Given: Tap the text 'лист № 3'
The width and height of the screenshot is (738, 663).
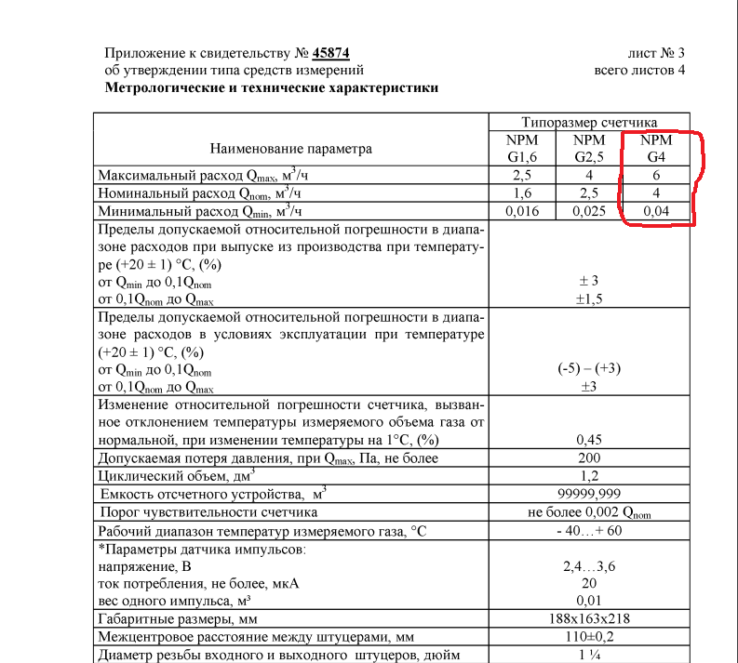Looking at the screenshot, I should [x=656, y=53].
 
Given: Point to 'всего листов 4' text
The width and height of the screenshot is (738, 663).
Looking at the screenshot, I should [x=639, y=70].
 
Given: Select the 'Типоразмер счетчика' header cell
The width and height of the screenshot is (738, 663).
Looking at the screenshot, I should [x=589, y=122].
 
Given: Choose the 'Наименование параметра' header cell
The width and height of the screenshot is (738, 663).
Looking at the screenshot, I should [x=290, y=148].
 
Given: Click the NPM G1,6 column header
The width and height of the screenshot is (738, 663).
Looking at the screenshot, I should [x=522, y=148].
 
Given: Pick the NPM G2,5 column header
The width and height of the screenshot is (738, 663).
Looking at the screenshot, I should [x=589, y=148].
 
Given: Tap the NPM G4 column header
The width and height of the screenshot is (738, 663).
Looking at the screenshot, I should [x=656, y=148].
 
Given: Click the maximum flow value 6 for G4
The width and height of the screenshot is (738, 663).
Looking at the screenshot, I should [x=656, y=175].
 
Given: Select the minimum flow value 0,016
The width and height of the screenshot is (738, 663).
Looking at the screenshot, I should [x=522, y=211].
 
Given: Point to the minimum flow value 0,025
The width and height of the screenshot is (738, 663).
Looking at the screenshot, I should [x=589, y=211].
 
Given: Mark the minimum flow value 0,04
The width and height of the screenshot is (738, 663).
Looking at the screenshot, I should [x=656, y=211].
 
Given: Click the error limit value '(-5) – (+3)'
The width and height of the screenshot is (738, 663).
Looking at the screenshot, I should [x=589, y=368].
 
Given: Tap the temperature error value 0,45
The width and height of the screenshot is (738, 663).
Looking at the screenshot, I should [x=589, y=439].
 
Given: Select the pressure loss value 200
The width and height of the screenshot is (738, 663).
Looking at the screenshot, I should [x=589, y=457].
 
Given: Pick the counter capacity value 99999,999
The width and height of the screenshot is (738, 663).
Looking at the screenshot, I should [x=589, y=494].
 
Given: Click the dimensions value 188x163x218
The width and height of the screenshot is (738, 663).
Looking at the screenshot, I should [x=589, y=618].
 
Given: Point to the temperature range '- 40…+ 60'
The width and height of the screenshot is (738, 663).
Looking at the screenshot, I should [x=589, y=530].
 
